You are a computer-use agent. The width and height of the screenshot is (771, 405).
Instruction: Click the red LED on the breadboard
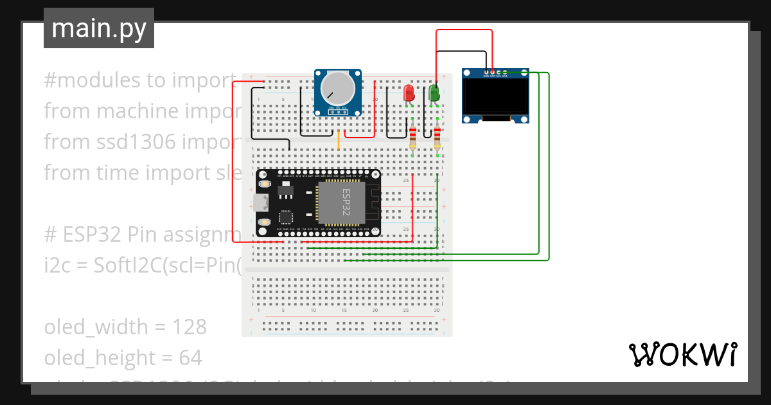[409, 94]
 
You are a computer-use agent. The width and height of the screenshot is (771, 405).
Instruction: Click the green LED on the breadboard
[434, 94]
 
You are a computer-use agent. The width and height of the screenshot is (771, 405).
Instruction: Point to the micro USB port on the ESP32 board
[260, 203]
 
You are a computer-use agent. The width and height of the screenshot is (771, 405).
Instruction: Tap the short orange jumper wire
[339, 140]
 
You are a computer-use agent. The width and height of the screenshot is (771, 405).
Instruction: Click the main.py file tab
[98, 28]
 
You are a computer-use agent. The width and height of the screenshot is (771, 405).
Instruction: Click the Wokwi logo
[682, 354]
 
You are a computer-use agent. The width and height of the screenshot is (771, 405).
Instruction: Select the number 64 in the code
[190, 357]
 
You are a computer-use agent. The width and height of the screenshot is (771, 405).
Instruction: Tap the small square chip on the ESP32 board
[285, 217]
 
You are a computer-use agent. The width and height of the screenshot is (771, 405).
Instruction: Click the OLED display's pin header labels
[495, 76]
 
